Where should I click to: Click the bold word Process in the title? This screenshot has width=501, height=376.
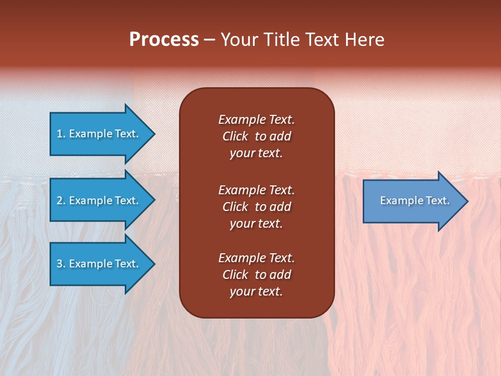pos(164,39)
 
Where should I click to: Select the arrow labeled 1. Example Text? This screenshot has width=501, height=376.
pos(99,134)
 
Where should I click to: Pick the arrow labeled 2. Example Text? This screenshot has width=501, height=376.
pos(99,201)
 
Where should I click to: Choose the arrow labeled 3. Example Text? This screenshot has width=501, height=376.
pos(99,264)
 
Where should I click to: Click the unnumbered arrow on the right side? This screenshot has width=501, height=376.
pos(412,201)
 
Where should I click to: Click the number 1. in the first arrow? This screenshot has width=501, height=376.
pos(61,134)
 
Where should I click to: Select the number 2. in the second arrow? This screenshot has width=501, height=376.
pos(61,201)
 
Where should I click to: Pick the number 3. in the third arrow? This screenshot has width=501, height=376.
pos(61,264)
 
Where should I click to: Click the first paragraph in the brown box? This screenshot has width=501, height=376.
pos(256,136)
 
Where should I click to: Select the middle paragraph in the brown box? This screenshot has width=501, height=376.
pos(256,207)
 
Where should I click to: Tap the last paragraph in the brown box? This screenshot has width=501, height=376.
pos(256,275)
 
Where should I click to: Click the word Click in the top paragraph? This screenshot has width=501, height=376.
pos(235,136)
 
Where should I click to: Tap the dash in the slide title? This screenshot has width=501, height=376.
pos(209,40)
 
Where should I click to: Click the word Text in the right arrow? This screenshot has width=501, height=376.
pos(438,201)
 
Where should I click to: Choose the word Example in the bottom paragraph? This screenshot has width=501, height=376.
pos(242,258)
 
